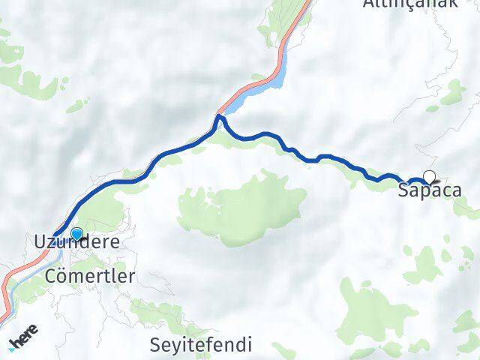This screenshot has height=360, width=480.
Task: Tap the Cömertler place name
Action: tap(90, 275)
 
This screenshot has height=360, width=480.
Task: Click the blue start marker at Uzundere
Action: tap(76, 233)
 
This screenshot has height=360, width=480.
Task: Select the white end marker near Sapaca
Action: tap(429, 177)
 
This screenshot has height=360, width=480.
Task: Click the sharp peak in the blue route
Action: tap(219, 116)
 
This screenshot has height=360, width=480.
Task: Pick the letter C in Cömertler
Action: tap(52, 275)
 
